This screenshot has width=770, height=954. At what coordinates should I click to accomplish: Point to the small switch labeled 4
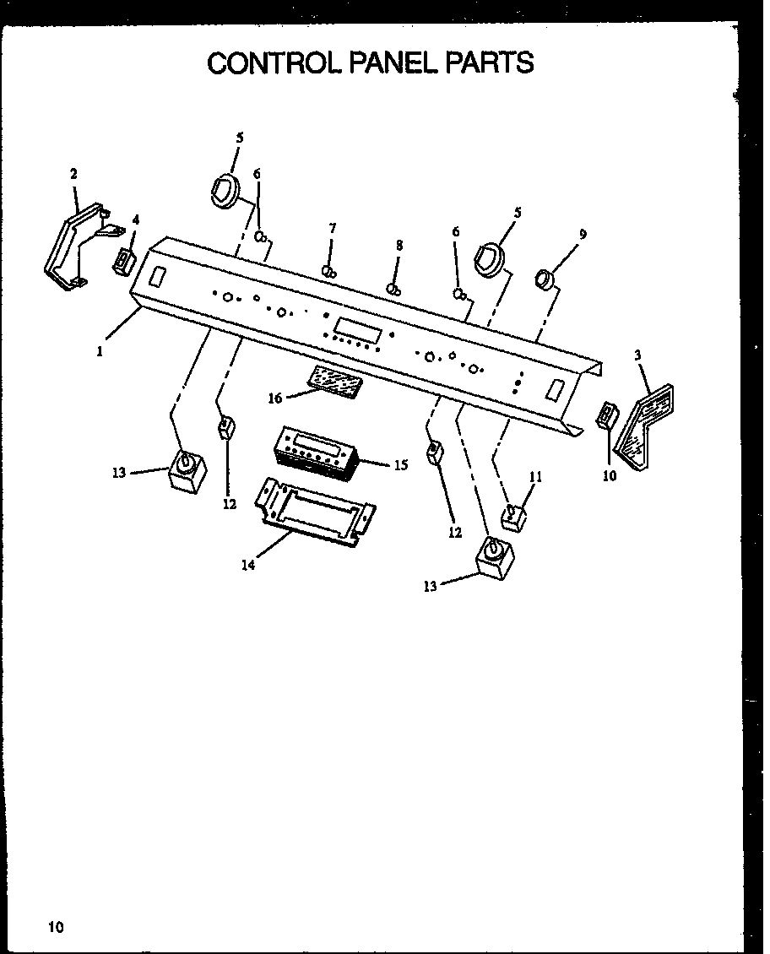pyautogui.click(x=122, y=261)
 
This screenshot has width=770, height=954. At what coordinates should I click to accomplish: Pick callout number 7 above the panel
pyautogui.click(x=333, y=229)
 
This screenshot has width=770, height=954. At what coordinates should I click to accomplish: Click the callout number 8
pyautogui.click(x=399, y=246)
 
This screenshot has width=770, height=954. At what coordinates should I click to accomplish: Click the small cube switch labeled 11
pyautogui.click(x=513, y=517)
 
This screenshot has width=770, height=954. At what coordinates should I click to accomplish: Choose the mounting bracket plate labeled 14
pyautogui.click(x=317, y=514)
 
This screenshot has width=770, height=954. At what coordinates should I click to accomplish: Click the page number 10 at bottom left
pyautogui.click(x=56, y=927)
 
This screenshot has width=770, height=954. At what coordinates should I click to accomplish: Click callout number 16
pyautogui.click(x=275, y=398)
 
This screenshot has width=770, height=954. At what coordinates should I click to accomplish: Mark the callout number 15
pyautogui.click(x=400, y=464)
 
